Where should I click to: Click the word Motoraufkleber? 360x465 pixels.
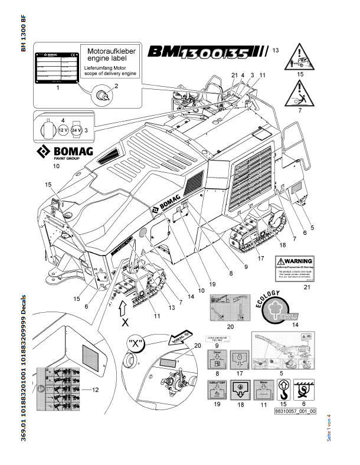coord(112,52)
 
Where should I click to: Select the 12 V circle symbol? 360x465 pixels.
coord(61,130)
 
